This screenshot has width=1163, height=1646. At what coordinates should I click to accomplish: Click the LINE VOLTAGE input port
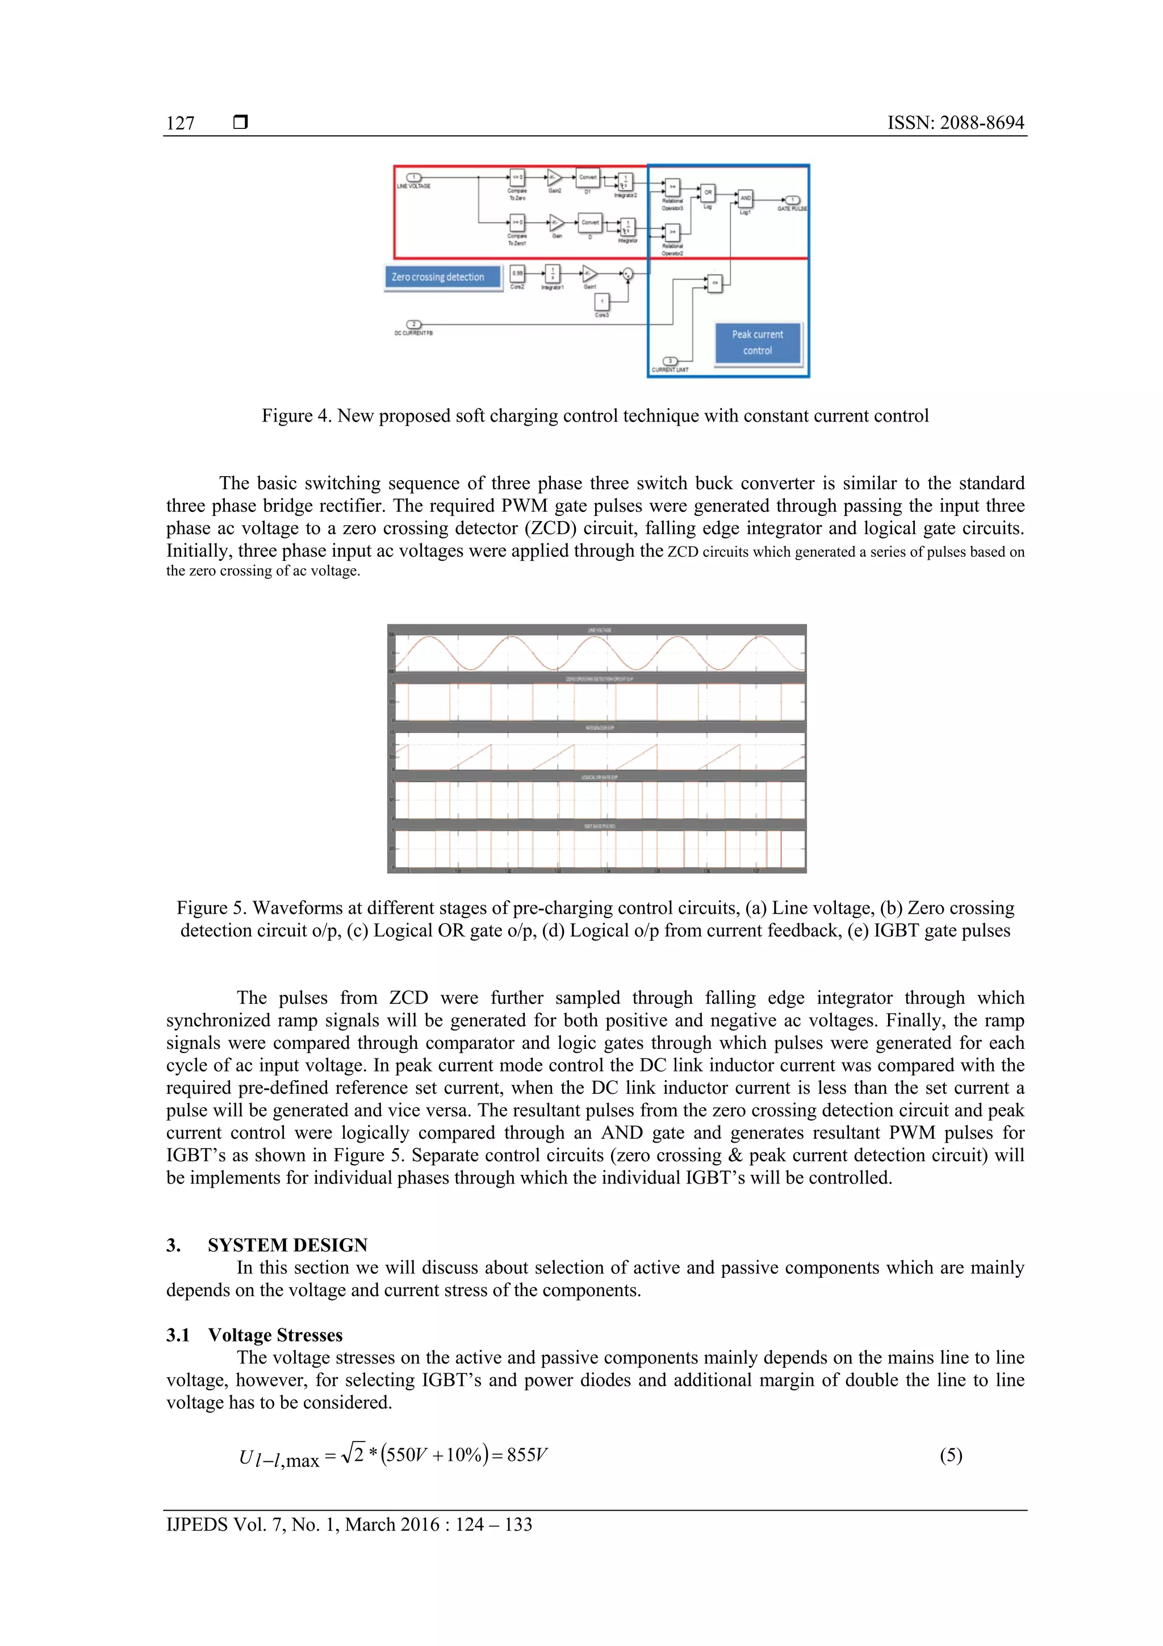click(414, 177)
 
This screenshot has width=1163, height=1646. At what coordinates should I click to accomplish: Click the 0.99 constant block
click(517, 273)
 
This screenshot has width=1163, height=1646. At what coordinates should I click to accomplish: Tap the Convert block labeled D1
click(588, 177)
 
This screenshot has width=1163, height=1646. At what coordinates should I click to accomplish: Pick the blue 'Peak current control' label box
click(758, 343)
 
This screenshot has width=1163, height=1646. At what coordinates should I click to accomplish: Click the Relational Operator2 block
click(672, 232)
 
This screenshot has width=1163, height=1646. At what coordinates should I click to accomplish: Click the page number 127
click(181, 123)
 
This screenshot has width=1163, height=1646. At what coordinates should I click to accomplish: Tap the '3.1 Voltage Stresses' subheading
click(255, 1335)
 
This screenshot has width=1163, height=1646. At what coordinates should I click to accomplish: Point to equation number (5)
click(951, 1454)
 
